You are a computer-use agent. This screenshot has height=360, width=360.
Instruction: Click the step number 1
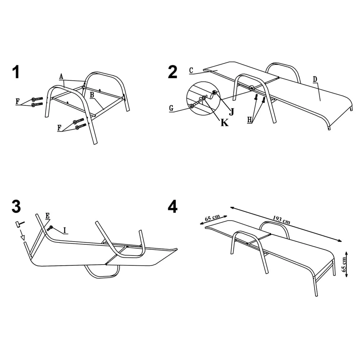[x=16, y=72]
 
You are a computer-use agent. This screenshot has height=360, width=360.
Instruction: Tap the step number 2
[x=173, y=72]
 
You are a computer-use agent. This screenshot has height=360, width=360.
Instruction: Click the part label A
[x=61, y=76]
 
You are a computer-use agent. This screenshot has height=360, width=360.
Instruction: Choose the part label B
[x=92, y=95]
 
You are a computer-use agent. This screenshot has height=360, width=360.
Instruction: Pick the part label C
[x=191, y=71]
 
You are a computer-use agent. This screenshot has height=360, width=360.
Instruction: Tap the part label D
[x=315, y=79]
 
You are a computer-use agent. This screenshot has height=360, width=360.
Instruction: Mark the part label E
[x=47, y=216]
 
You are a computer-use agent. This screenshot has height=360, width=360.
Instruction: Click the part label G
[x=171, y=108]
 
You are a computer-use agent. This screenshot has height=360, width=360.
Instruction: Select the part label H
[x=249, y=120]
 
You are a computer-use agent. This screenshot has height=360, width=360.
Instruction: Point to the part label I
[x=65, y=230]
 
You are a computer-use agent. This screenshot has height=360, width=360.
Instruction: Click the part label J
[x=231, y=112]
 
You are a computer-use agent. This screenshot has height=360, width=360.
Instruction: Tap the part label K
[x=225, y=123]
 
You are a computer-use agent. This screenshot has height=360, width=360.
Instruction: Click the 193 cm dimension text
[x=282, y=220]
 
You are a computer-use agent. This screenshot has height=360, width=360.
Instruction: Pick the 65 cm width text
[x=212, y=218]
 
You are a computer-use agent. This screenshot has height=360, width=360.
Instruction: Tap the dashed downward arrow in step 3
[x=22, y=234]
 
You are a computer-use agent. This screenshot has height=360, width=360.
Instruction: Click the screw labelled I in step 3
[x=50, y=228]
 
